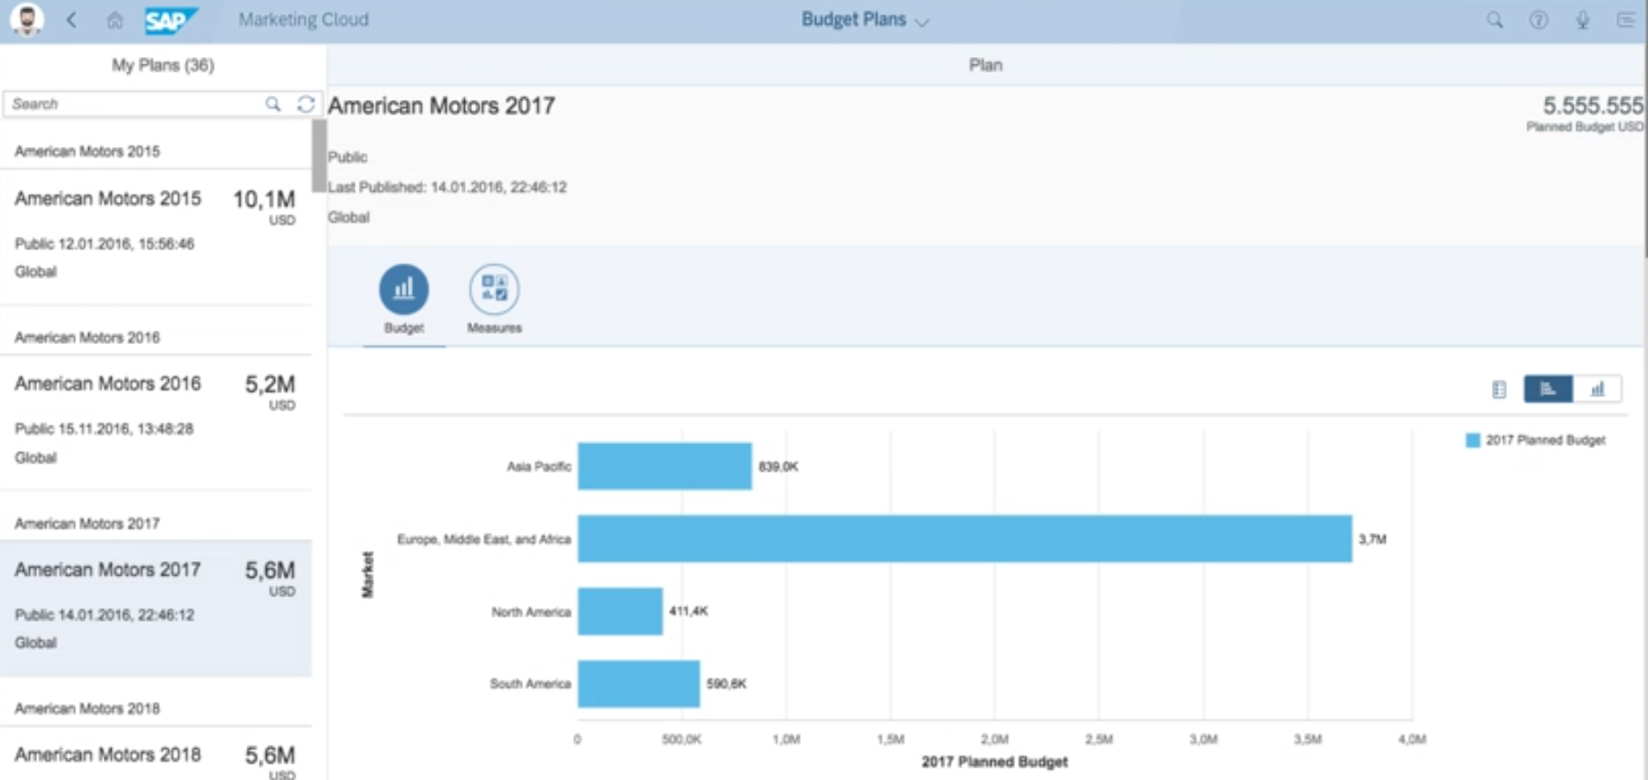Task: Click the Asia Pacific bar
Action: click(x=665, y=466)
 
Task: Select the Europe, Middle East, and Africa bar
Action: click(x=964, y=538)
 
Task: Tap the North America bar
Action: click(x=620, y=611)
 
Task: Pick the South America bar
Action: click(x=638, y=684)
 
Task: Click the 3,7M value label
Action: click(x=1372, y=539)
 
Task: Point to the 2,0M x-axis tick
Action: click(x=994, y=739)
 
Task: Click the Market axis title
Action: click(x=368, y=574)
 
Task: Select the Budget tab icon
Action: click(x=404, y=289)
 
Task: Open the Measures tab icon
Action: click(x=494, y=289)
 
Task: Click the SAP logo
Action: click(x=170, y=20)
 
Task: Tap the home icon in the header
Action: click(x=114, y=20)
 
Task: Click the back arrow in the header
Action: click(x=72, y=20)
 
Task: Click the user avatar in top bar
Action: click(x=27, y=20)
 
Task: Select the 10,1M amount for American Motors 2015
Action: click(x=263, y=200)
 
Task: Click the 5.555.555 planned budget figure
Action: click(x=1592, y=106)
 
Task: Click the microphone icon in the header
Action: click(x=1583, y=20)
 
